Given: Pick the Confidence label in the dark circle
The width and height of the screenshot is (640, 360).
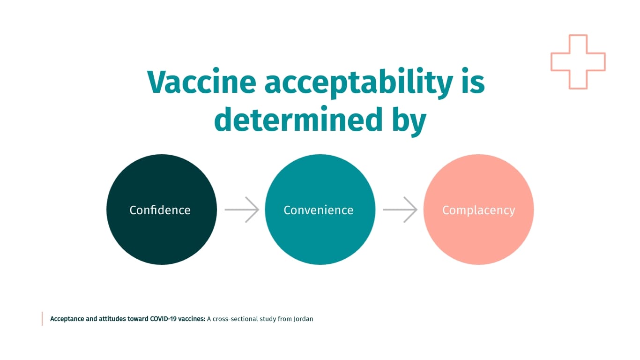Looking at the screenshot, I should (160, 210).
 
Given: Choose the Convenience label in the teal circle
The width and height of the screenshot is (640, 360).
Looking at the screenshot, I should (319, 210).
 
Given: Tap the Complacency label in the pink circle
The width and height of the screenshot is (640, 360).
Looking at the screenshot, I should (478, 210).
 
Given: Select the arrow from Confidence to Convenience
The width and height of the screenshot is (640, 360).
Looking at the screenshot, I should (242, 210).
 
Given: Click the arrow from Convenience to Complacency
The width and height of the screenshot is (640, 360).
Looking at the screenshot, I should (400, 210).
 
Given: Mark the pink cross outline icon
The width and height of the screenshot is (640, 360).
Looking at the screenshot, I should (578, 62).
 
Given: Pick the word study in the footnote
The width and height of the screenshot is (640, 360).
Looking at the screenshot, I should (267, 319).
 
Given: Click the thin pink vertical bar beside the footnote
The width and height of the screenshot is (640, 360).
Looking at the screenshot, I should (42, 319).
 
